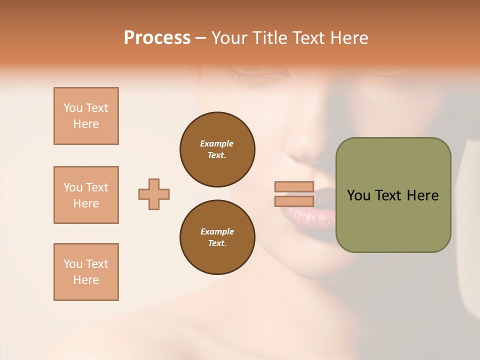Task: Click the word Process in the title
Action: (157, 37)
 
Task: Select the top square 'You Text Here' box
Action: (86, 116)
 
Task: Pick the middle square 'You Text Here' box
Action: (86, 195)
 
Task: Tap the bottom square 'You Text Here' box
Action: (86, 272)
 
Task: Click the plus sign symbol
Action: (154, 194)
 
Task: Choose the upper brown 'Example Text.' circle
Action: (217, 149)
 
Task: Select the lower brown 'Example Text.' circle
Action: (217, 237)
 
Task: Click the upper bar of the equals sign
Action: (294, 187)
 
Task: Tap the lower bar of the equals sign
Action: (294, 201)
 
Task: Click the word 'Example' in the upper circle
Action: (217, 143)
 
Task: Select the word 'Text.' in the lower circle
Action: (217, 243)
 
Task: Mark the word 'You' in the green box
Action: (358, 195)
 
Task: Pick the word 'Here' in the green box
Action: (422, 195)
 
